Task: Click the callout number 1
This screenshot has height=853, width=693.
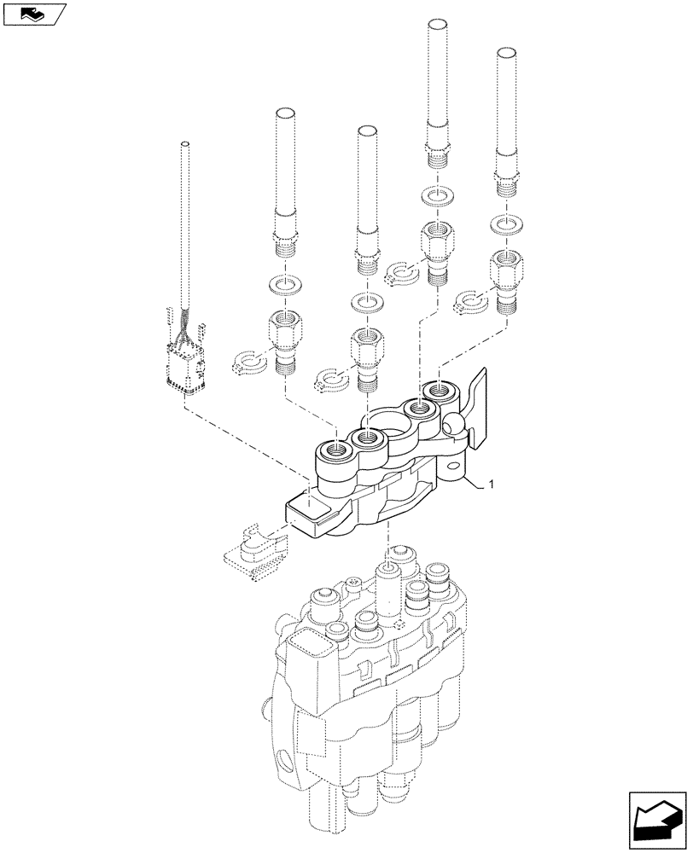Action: coord(490,485)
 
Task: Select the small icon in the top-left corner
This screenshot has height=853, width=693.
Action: coord(35,14)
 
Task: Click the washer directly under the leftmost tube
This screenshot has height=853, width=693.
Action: coord(283,283)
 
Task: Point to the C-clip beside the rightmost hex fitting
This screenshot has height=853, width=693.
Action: coord(471,299)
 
